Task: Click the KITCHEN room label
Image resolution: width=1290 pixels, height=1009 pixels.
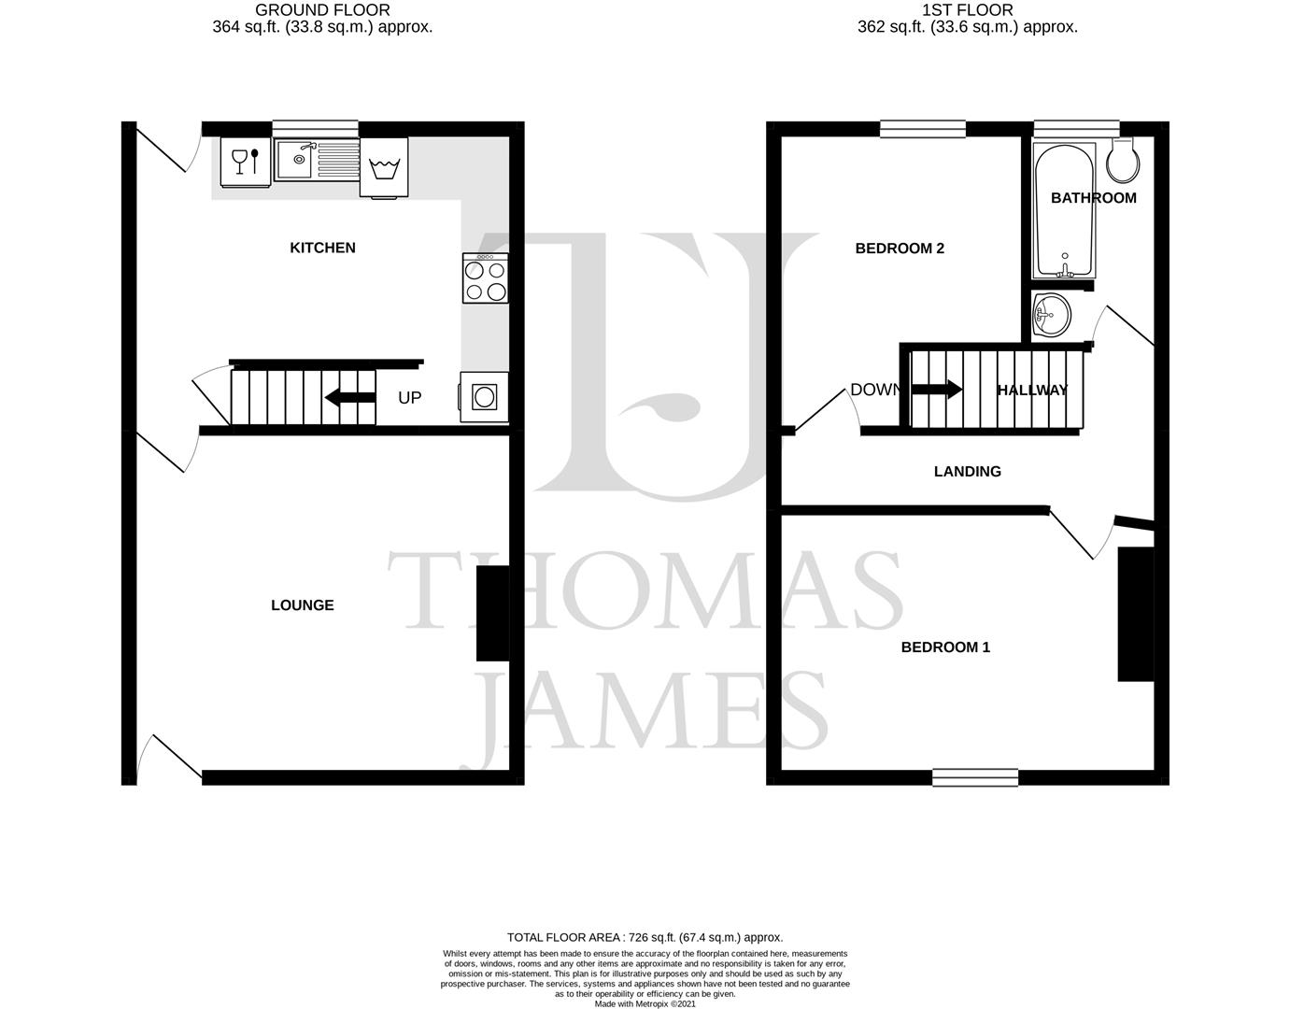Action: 322,248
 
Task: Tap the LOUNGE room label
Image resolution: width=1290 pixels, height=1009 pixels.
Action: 302,605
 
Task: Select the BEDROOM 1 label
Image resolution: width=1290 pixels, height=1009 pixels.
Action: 944,647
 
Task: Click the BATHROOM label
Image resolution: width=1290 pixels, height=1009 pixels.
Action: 1093,197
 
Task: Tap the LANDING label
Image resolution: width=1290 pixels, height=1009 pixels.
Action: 967,471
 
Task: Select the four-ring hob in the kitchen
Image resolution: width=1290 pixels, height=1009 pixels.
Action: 485,278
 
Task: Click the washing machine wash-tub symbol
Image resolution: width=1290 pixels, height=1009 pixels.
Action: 384,169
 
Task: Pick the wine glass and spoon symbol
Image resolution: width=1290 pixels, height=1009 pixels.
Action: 245,161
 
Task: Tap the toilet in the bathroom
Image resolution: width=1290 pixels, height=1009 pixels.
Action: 1123,163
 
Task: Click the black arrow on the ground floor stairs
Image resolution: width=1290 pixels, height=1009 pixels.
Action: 349,399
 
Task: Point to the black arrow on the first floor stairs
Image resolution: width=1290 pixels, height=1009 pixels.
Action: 936,389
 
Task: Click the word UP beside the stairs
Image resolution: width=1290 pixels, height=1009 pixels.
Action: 409,398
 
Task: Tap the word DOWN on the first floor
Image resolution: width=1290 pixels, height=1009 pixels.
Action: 875,390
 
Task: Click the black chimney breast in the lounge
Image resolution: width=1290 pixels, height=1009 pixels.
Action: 492,614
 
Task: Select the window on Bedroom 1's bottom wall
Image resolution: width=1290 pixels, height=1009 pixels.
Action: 974,776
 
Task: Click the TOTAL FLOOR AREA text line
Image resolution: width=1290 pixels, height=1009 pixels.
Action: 645,937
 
